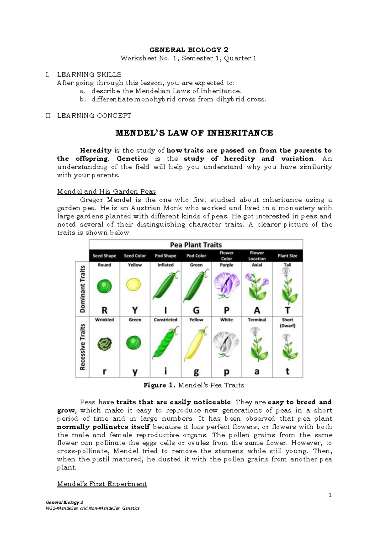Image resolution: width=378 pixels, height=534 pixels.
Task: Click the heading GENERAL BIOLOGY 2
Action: [189, 50]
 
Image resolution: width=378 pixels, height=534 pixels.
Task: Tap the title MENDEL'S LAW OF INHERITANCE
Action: [194, 133]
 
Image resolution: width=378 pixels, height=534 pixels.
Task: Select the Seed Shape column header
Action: [104, 256]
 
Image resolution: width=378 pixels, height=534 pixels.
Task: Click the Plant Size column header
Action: [287, 256]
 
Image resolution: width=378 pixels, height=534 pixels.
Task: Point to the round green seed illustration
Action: [104, 286]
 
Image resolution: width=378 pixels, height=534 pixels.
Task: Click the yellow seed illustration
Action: [135, 285]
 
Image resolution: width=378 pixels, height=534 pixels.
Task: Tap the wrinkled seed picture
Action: [104, 344]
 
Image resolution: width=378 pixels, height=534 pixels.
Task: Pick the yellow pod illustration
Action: [196, 344]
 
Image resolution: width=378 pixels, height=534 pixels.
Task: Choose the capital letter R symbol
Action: [105, 310]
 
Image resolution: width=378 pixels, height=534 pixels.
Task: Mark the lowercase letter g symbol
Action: [196, 372]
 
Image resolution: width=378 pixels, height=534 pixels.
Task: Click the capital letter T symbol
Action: [287, 310]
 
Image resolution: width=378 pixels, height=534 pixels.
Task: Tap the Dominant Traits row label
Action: [83, 289]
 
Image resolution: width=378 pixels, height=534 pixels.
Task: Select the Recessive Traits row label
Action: [83, 347]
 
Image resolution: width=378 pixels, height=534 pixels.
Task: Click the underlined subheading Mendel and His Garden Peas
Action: [106, 191]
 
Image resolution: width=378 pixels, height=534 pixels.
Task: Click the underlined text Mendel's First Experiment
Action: [102, 484]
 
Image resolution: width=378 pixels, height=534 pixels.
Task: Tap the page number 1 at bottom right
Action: [330, 495]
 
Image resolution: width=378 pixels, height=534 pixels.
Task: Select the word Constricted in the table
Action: [165, 320]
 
